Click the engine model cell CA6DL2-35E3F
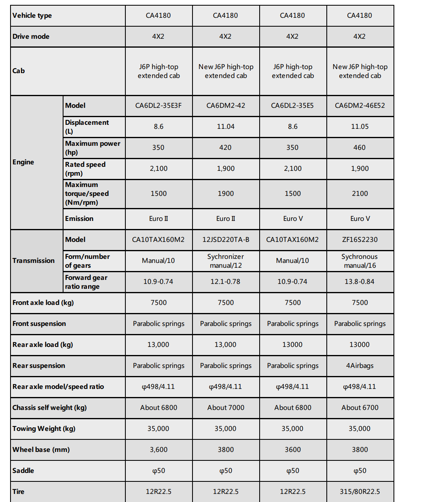(159, 106)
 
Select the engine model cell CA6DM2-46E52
(360, 106)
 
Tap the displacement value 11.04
(226, 127)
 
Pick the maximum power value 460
(360, 148)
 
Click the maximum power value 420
(226, 148)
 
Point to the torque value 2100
(360, 194)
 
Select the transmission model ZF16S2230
(360, 240)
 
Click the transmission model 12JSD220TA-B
(226, 240)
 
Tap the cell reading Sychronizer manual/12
(226, 261)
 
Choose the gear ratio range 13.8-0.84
(360, 282)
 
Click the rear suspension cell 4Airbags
(360, 366)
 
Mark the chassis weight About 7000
(226, 408)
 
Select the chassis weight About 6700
(360, 408)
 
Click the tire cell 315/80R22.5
(360, 492)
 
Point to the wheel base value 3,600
(159, 450)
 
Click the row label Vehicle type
(32, 16)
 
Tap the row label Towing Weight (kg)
(44, 429)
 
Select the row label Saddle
(23, 471)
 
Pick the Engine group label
(23, 162)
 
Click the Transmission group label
(34, 261)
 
